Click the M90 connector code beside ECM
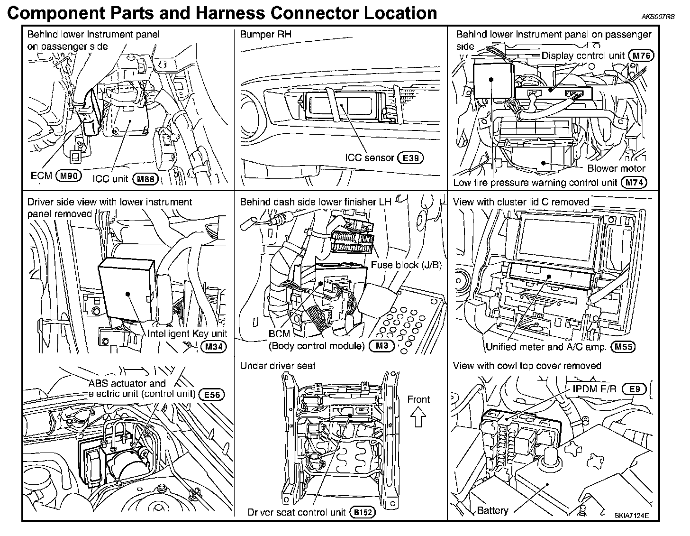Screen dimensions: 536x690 click(x=69, y=176)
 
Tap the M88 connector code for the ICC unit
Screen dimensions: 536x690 click(x=145, y=179)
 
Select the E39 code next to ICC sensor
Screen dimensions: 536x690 click(x=410, y=158)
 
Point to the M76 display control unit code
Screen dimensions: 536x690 click(x=640, y=56)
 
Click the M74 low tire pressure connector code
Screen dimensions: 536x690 click(x=634, y=183)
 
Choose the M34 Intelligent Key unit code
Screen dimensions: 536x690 click(x=214, y=347)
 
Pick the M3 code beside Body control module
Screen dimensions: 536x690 click(x=381, y=346)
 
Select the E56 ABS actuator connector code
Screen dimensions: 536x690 click(x=211, y=394)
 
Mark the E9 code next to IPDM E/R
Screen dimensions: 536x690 click(x=634, y=389)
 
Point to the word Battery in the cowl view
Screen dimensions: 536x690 click(x=492, y=510)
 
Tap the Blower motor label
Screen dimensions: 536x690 click(x=616, y=168)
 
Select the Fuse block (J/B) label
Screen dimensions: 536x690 click(x=406, y=265)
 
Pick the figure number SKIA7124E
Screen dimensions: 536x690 click(x=632, y=516)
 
